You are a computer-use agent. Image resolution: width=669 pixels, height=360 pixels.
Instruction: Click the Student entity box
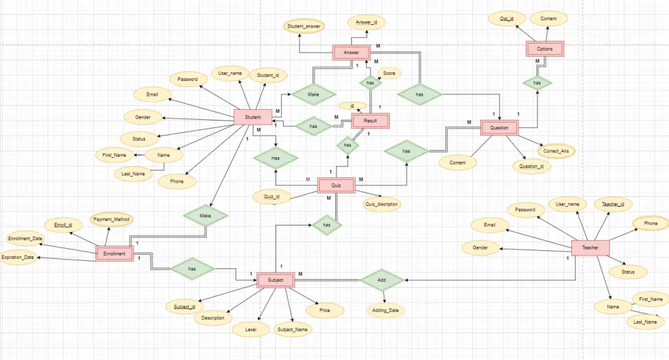click(252, 117)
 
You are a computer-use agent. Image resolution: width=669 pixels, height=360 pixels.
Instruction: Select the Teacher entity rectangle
click(590, 248)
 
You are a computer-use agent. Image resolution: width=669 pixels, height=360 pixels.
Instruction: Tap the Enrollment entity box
click(114, 254)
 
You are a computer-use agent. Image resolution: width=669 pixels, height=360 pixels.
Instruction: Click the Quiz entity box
click(336, 185)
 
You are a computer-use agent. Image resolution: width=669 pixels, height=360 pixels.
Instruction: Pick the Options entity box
click(545, 49)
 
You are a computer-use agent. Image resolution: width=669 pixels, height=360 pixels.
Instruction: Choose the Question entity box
click(499, 127)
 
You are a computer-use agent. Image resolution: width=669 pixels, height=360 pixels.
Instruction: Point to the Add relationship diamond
click(381, 279)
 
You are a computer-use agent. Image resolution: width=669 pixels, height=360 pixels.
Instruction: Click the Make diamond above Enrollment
click(205, 215)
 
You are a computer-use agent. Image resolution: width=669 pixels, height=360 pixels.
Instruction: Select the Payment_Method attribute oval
click(112, 219)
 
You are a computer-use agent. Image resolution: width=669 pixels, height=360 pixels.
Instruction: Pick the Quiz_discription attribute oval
click(382, 204)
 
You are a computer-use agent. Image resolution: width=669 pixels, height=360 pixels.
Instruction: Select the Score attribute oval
click(389, 73)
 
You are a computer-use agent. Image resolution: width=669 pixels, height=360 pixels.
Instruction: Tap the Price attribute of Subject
click(325, 310)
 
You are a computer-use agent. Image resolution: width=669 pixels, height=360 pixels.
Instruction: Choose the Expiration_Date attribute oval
click(19, 257)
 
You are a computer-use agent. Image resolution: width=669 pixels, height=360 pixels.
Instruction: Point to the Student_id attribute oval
click(268, 75)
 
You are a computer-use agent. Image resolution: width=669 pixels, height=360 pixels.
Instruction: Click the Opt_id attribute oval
click(507, 19)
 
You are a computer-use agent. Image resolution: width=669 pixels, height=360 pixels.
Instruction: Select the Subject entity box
click(276, 280)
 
